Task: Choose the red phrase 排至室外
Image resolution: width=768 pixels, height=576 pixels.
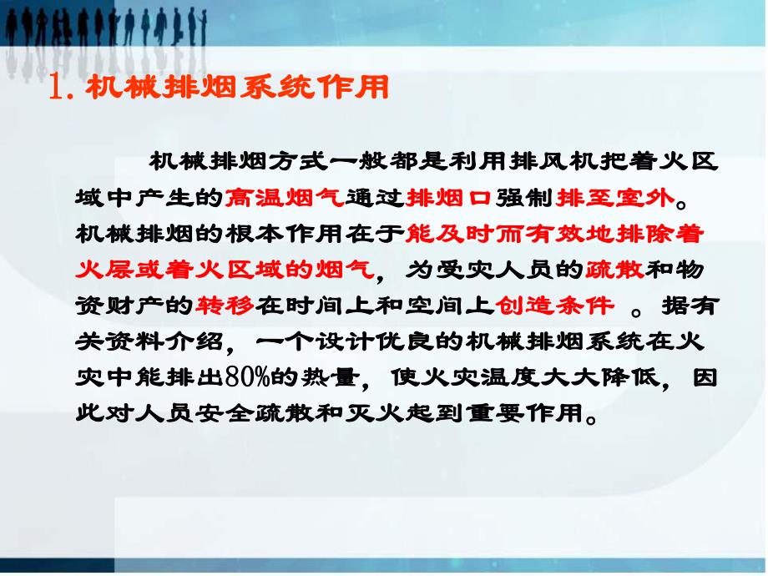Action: pos(614,198)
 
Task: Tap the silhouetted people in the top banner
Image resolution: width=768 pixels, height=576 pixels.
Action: pos(100,29)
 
